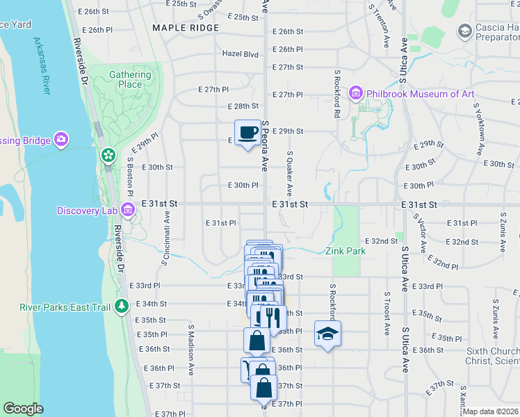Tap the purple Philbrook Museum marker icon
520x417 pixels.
[356, 93]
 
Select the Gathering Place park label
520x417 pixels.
[130, 80]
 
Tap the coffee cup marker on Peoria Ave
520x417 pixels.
[247, 133]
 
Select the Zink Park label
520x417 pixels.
[346, 251]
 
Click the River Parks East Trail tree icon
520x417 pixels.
[122, 305]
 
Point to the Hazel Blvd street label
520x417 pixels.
[240, 54]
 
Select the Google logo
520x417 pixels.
[23, 409]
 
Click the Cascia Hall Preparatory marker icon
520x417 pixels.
[464, 31]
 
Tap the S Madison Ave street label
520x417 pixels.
[190, 342]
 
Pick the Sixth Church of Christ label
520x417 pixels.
[493, 356]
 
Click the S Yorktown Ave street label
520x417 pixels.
[478, 129]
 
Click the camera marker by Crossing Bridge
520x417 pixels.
[61, 140]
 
